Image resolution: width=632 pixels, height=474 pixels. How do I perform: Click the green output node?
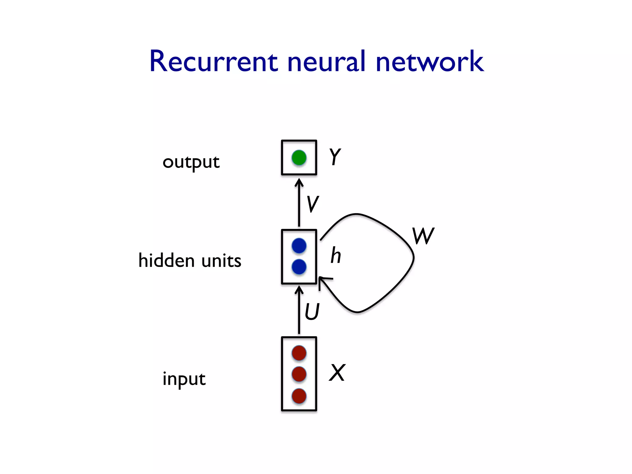click(299, 158)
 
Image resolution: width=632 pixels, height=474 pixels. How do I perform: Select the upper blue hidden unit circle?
click(299, 246)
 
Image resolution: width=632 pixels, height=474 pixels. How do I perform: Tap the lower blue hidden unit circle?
click(299, 267)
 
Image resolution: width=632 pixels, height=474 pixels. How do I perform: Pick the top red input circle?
click(299, 353)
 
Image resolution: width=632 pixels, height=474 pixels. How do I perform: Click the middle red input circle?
click(299, 374)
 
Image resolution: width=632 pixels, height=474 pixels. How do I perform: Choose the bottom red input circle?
click(299, 396)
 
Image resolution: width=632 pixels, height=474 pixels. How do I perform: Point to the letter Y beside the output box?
click(335, 157)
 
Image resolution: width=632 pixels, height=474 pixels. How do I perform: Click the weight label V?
click(313, 204)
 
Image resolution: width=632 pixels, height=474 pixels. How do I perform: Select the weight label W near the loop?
click(423, 236)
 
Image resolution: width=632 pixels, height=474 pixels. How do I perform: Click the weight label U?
click(312, 312)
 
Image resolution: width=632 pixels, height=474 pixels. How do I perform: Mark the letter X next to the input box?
click(337, 373)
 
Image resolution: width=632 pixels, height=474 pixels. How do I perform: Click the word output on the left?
click(191, 162)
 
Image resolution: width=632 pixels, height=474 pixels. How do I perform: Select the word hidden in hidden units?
click(166, 260)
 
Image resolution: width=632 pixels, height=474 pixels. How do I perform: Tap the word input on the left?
click(184, 379)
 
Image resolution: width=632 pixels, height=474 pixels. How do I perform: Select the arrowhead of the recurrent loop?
click(322, 281)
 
